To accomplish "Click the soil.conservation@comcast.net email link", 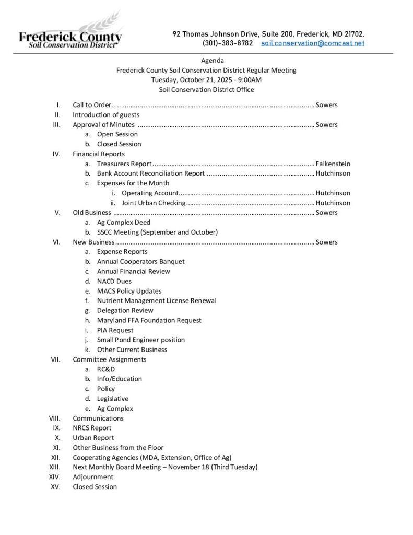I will [x=313, y=43].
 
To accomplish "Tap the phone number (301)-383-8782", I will [x=227, y=43].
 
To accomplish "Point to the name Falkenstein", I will [x=333, y=164].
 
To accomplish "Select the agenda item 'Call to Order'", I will [x=92, y=105].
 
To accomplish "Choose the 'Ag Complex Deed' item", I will [x=123, y=222].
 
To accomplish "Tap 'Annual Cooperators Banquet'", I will [x=140, y=261].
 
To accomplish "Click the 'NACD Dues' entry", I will [x=114, y=281].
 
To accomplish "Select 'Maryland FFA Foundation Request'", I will [x=149, y=320].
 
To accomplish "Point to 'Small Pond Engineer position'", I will [x=140, y=340].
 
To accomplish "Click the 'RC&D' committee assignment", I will [x=107, y=369].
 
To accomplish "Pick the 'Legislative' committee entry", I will [x=112, y=399].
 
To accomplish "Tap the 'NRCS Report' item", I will [x=92, y=428].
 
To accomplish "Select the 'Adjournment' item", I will [x=93, y=477].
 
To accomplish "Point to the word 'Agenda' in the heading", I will [x=213, y=61].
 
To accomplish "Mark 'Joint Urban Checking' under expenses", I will [x=154, y=203].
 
